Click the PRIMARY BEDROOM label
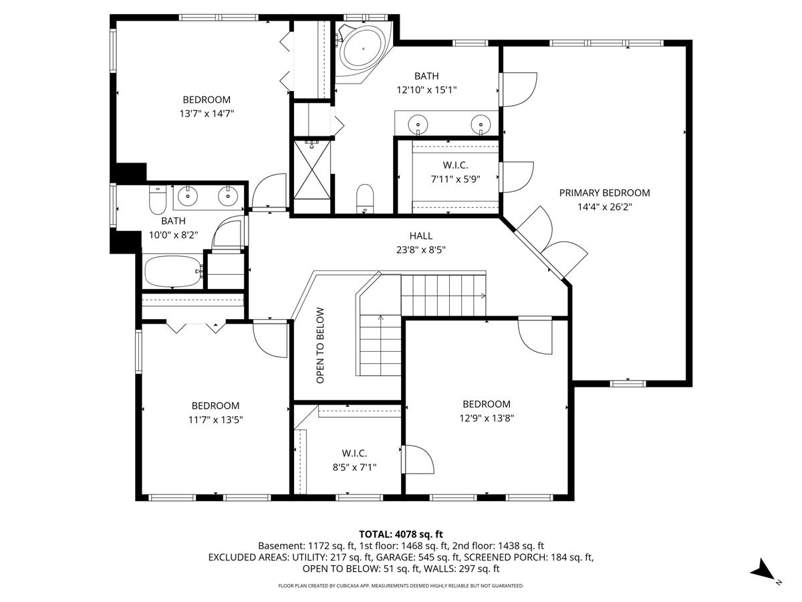604,193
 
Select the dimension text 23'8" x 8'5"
420,250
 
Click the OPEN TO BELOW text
320,345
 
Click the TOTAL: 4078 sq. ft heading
401,534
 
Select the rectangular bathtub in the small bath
172,272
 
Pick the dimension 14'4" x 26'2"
604,207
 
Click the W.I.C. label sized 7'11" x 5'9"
455,165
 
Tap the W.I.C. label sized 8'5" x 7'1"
354,453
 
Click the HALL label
420,235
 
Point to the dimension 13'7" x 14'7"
207,114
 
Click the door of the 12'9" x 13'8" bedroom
536,334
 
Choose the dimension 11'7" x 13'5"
215,420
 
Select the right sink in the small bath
229,195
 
